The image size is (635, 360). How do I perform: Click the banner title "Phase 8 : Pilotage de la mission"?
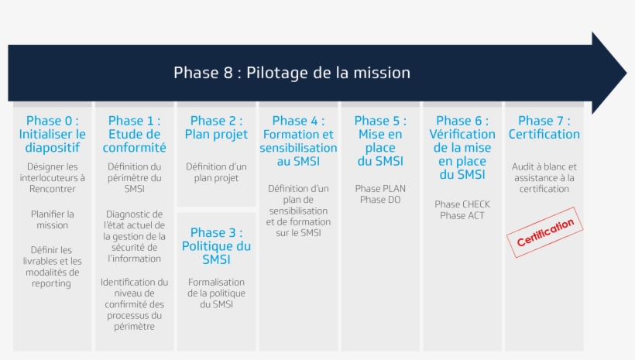291,74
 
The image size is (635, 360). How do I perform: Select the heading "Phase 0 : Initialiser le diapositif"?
53,134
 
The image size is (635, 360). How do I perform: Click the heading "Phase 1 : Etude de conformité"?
135,134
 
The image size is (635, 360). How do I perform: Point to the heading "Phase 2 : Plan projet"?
217,128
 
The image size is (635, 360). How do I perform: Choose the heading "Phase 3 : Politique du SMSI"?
217,246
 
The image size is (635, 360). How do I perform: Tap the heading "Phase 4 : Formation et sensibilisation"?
298,141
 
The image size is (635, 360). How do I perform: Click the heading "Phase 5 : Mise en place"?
380,141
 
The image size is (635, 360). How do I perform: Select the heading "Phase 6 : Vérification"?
462,147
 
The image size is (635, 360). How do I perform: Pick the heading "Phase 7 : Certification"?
544,128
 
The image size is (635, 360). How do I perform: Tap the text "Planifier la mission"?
53,220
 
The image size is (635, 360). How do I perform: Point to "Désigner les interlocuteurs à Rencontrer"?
53,177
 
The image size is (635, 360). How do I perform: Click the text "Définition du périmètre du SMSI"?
135,177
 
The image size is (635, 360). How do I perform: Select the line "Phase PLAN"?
380,188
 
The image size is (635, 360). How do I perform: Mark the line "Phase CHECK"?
462,204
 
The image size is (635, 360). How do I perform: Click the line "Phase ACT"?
462,215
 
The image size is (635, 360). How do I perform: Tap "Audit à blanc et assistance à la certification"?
544,177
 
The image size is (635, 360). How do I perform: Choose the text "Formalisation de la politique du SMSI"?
217,293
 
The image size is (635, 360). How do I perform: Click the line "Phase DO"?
380,200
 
